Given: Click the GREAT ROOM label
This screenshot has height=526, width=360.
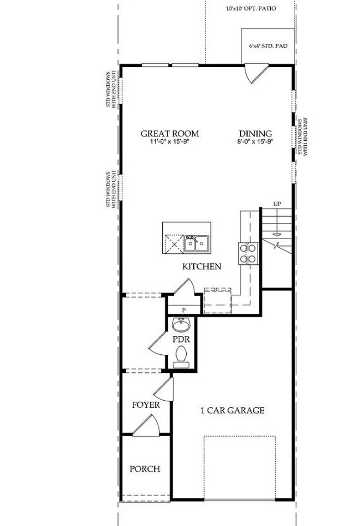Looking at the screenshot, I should [169, 134].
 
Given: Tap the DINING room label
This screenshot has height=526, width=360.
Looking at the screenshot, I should [255, 134].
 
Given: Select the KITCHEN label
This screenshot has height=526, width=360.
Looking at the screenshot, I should [202, 267].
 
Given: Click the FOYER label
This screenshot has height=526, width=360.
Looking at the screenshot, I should [146, 405].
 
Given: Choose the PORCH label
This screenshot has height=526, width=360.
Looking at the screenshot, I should [145, 469].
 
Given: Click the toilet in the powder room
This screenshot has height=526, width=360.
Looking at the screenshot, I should [181, 356].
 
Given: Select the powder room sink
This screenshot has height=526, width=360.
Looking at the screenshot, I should [181, 324].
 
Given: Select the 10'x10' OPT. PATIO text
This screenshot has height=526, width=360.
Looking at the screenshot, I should [251, 9].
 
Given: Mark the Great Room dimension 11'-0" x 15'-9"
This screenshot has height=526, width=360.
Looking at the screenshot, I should [169, 142].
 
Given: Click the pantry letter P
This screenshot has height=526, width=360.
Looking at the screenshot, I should [183, 310].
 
